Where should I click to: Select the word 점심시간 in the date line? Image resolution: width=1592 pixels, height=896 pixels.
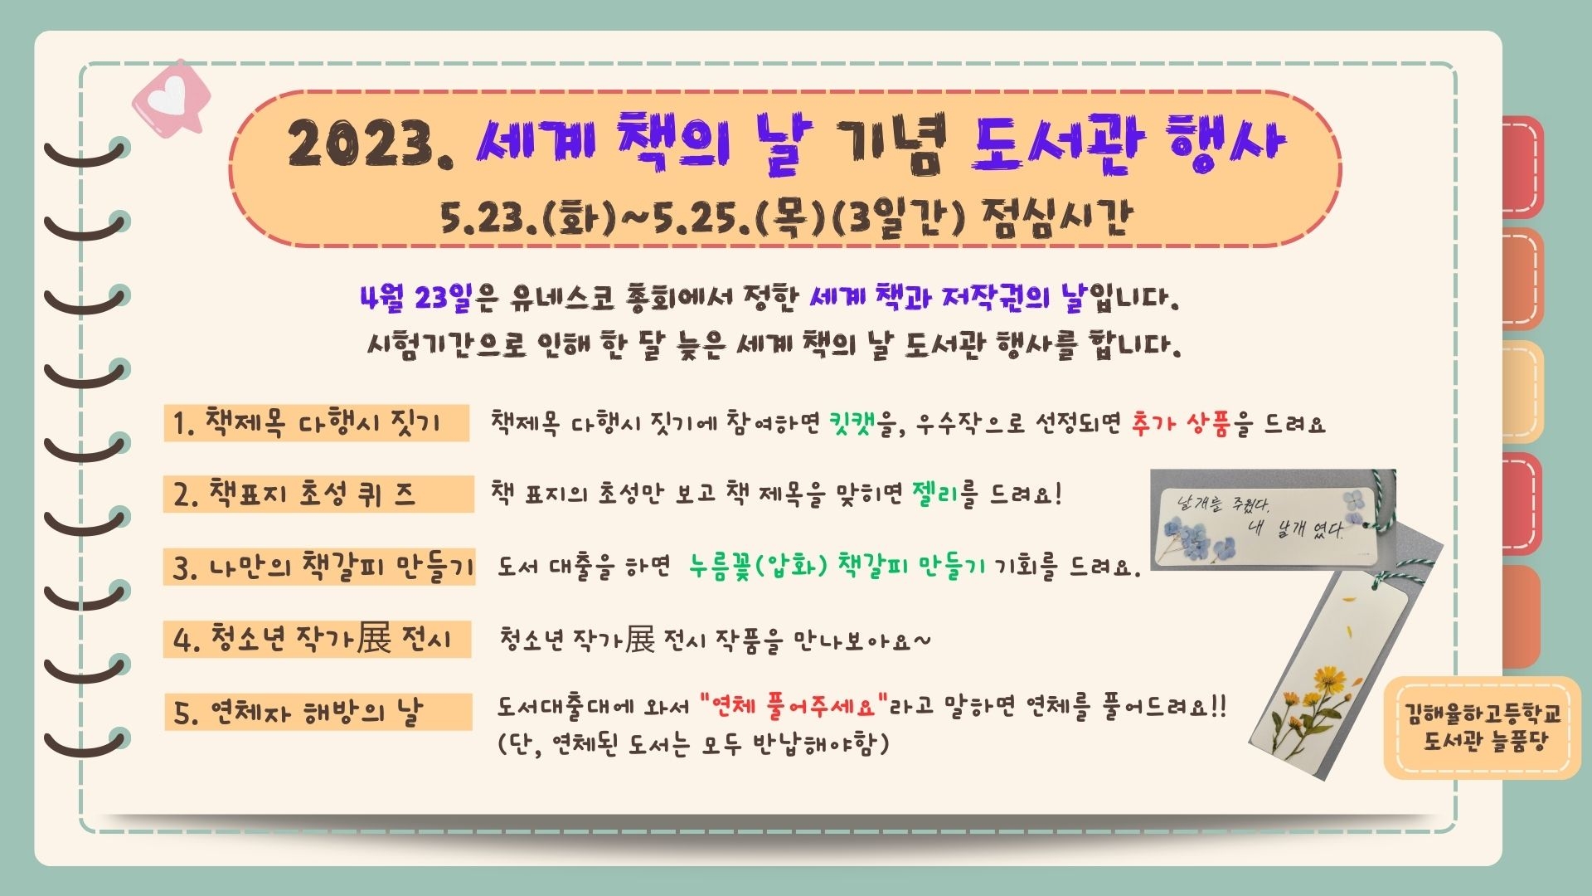tap(1056, 218)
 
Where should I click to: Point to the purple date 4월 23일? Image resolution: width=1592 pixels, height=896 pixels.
tap(416, 297)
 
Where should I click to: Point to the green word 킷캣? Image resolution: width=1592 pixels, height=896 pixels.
tap(852, 423)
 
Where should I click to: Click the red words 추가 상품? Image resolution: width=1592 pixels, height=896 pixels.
tap(1180, 423)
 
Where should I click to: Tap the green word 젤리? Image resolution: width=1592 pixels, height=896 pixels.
tap(935, 494)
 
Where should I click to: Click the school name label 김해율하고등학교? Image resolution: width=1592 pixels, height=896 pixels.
tap(1483, 713)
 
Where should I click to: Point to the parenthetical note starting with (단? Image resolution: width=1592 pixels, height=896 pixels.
tap(693, 743)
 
